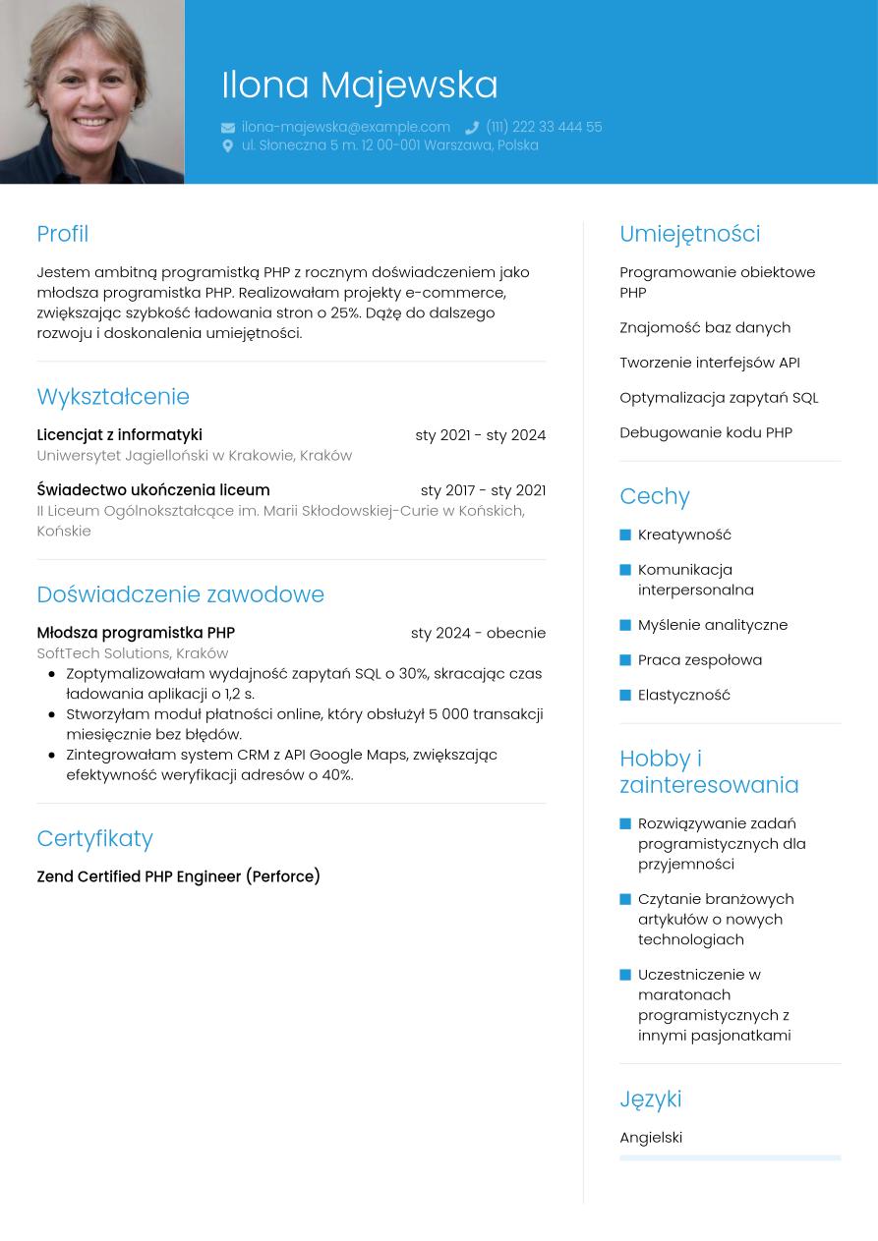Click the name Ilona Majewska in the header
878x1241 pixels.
[359, 85]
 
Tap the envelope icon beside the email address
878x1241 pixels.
[228, 128]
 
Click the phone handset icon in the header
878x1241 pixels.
[472, 128]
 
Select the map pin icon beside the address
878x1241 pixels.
[228, 145]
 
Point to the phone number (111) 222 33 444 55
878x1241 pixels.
[544, 127]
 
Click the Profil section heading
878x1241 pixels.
[63, 234]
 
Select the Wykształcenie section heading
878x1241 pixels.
[113, 397]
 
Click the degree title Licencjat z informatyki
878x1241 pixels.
[119, 435]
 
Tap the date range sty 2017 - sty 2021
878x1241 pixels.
[483, 490]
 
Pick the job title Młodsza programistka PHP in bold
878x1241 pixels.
[136, 633]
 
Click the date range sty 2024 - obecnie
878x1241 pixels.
[478, 633]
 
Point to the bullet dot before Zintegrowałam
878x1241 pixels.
[52, 755]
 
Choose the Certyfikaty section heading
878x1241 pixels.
[95, 838]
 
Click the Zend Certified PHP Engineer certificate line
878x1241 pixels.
[178, 876]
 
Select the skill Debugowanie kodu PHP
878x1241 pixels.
[706, 432]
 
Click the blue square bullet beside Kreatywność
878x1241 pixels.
[625, 535]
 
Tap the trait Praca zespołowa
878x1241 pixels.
[700, 660]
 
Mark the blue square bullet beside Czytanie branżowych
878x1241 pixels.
[625, 899]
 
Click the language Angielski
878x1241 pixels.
[651, 1138]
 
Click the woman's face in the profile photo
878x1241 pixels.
[90, 79]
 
